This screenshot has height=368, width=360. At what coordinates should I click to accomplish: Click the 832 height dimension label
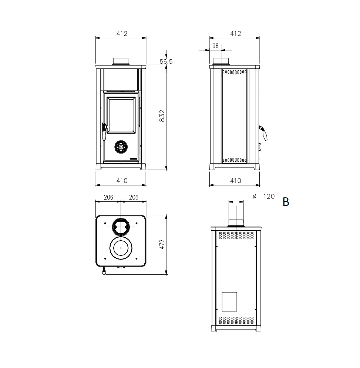[162, 116]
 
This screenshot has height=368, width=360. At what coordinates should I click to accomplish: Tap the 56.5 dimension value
[166, 61]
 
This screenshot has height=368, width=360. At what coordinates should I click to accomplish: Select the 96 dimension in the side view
[215, 46]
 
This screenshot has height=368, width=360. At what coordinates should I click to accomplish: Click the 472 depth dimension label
[162, 244]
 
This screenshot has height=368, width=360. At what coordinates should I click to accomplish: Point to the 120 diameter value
[269, 196]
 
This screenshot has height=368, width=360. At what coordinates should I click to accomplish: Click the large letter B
[286, 202]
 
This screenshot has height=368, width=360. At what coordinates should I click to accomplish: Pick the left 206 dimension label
[108, 197]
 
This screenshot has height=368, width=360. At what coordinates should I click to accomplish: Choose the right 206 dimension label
[134, 197]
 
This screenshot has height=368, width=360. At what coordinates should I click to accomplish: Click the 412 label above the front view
[122, 34]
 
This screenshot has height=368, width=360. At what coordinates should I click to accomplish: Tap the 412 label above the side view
[235, 34]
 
